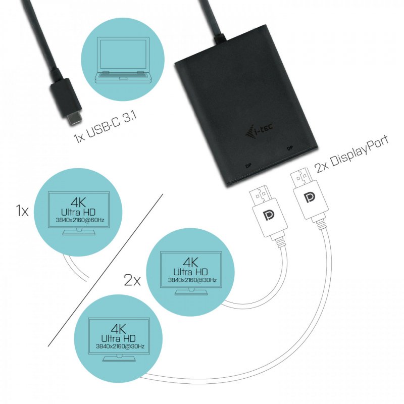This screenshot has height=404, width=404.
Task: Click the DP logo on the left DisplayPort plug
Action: (269, 216)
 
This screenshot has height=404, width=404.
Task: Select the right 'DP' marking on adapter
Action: (290, 148)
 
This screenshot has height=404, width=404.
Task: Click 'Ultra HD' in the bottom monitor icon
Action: (120, 338)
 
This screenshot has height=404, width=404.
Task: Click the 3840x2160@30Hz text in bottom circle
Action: (120, 346)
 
